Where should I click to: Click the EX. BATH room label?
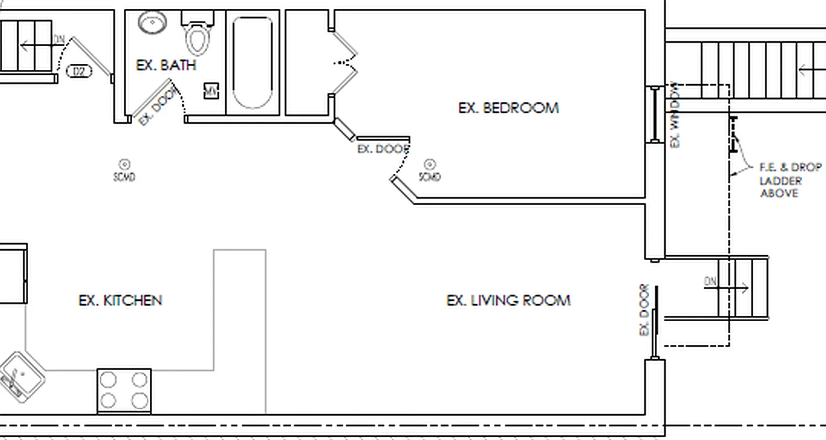166,65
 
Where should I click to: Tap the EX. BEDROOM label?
508,108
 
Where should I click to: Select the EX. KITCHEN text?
121,300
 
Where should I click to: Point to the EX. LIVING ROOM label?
508,300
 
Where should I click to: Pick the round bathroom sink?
152,23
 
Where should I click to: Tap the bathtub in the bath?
253,62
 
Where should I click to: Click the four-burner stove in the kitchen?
124,391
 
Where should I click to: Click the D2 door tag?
80,71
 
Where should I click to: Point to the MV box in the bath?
211,91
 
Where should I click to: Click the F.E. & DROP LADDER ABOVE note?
790,180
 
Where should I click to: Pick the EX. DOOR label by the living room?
644,310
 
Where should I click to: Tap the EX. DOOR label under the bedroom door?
383,149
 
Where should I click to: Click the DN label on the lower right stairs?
710,282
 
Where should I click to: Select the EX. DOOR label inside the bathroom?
159,107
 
